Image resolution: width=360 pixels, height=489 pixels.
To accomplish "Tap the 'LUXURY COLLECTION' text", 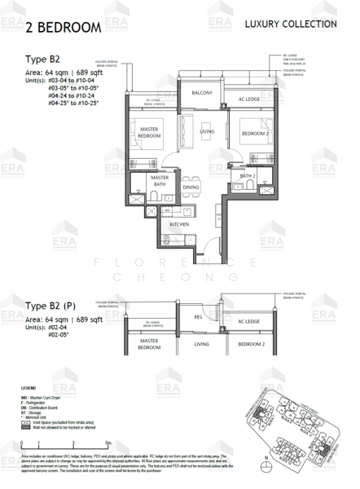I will [290, 24].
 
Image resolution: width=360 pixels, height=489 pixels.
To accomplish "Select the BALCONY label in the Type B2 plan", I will [202, 93].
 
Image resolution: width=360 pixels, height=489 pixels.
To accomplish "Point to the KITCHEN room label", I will [180, 223].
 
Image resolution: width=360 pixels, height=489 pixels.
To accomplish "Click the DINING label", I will [191, 187].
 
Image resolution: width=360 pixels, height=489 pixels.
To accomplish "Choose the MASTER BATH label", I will [160, 180].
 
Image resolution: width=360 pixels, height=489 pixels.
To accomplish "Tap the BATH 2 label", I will [248, 175].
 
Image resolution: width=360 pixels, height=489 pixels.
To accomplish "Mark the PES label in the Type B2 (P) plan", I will [198, 316].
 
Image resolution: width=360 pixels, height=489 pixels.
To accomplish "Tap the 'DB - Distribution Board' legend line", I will [53, 404].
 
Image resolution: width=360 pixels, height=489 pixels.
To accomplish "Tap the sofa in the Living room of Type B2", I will [183, 130].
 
